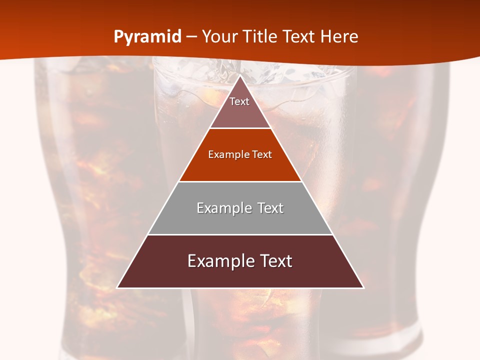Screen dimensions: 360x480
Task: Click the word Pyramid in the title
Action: tap(147, 37)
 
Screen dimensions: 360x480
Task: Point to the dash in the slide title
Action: tap(191, 37)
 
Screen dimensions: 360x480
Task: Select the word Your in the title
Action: tap(218, 37)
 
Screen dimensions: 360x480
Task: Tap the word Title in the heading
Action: tap(259, 37)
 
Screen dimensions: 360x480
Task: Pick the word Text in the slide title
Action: tap(299, 37)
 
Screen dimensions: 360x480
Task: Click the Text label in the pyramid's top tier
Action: tap(239, 101)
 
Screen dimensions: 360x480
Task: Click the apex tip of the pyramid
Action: tap(240, 76)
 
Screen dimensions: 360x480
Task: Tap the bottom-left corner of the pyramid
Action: tap(118, 287)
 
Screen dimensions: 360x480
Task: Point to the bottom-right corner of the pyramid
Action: tap(363, 287)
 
